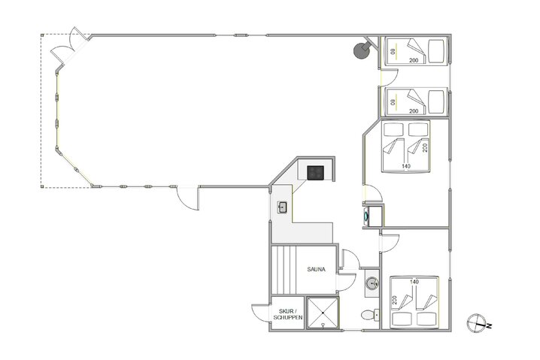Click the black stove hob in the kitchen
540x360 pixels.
[315, 173]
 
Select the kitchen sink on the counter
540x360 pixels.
[284, 207]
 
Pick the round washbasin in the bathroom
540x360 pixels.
[370, 283]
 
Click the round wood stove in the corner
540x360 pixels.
[361, 50]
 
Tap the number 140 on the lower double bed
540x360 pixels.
[414, 283]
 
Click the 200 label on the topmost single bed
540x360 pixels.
[414, 59]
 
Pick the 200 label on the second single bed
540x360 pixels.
[414, 110]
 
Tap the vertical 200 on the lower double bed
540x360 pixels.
[394, 301]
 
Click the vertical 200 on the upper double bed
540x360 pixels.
[425, 147]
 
